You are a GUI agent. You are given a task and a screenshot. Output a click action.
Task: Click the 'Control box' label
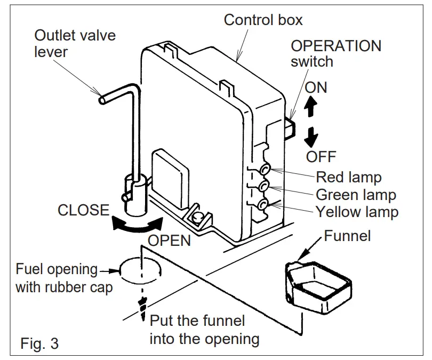pos(263,21)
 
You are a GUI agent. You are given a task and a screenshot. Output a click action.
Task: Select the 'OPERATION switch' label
pos(335,53)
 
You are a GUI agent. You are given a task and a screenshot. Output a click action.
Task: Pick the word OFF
pos(321,157)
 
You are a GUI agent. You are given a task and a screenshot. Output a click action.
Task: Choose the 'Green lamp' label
pos(356,194)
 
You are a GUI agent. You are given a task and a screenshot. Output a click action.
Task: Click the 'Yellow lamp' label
pos(357,212)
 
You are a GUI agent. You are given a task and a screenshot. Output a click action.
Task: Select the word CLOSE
pos(83,210)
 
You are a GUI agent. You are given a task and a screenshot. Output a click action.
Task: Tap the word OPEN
pos(169,241)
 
